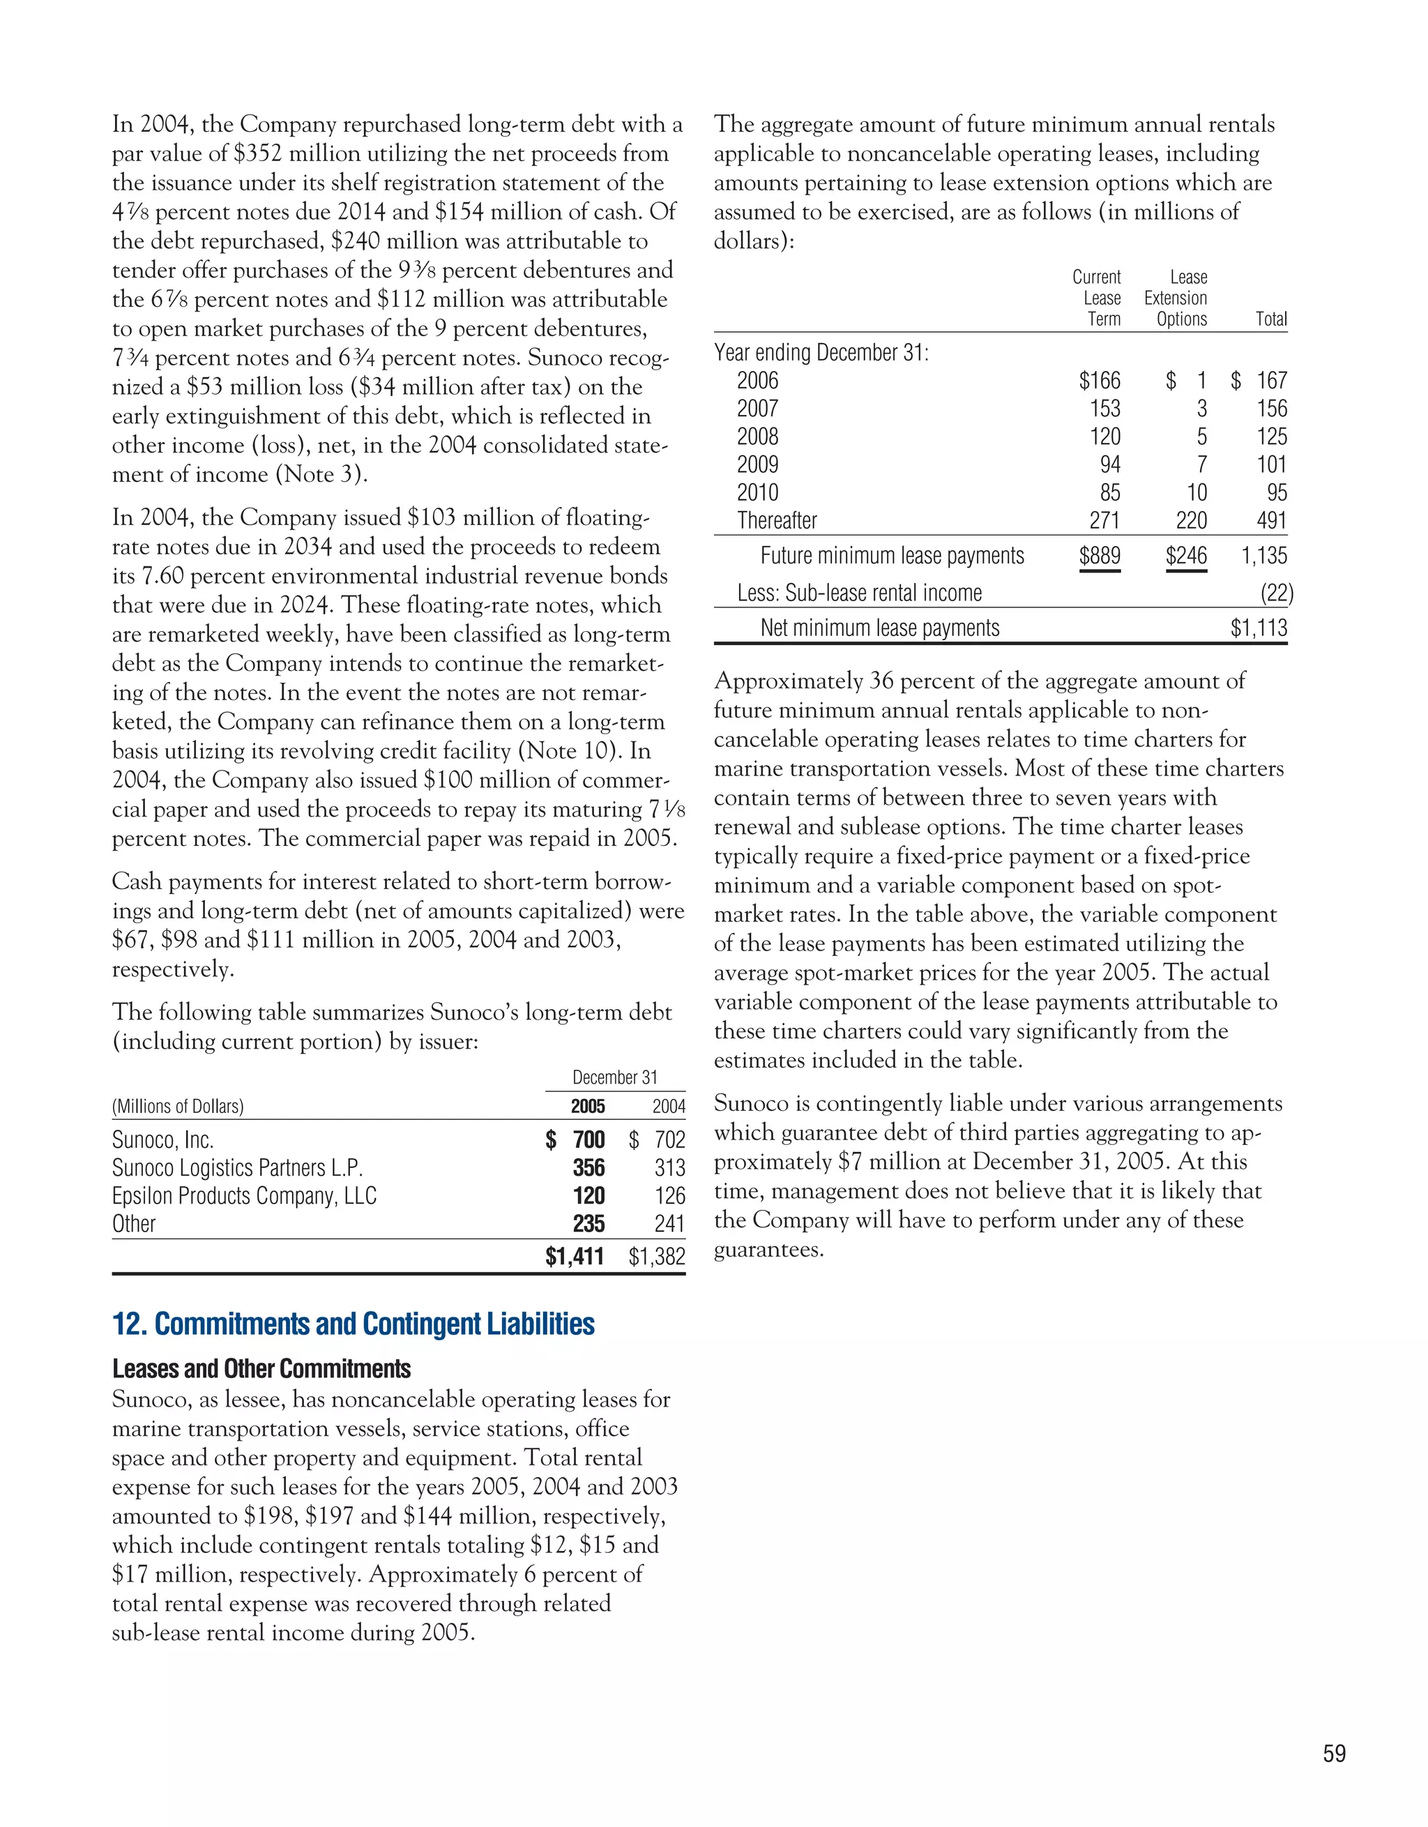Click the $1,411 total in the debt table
[x=574, y=1257]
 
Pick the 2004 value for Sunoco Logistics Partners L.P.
[x=669, y=1168]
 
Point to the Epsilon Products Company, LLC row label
[x=244, y=1196]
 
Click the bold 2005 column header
[x=587, y=1106]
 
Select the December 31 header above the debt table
[x=615, y=1077]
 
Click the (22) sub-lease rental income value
[x=1277, y=593]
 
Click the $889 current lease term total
[x=1099, y=556]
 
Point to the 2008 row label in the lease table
[x=757, y=437]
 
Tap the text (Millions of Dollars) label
[x=178, y=1106]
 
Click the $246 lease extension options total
[x=1186, y=556]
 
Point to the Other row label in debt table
[x=134, y=1224]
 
